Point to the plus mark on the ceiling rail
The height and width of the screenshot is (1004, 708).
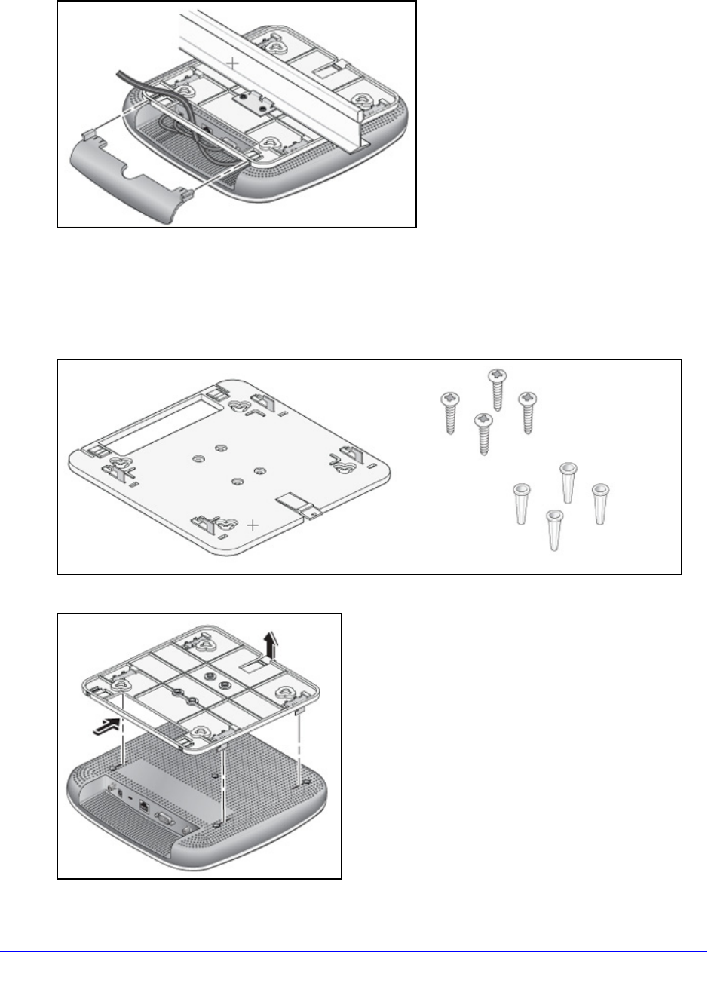coord(234,64)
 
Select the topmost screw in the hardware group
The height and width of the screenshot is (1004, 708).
coord(497,388)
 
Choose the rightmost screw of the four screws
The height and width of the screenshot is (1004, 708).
coord(526,412)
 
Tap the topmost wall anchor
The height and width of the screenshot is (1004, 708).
coord(568,482)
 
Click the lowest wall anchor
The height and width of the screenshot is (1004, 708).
coord(554,529)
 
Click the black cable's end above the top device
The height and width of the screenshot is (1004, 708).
coord(118,72)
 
